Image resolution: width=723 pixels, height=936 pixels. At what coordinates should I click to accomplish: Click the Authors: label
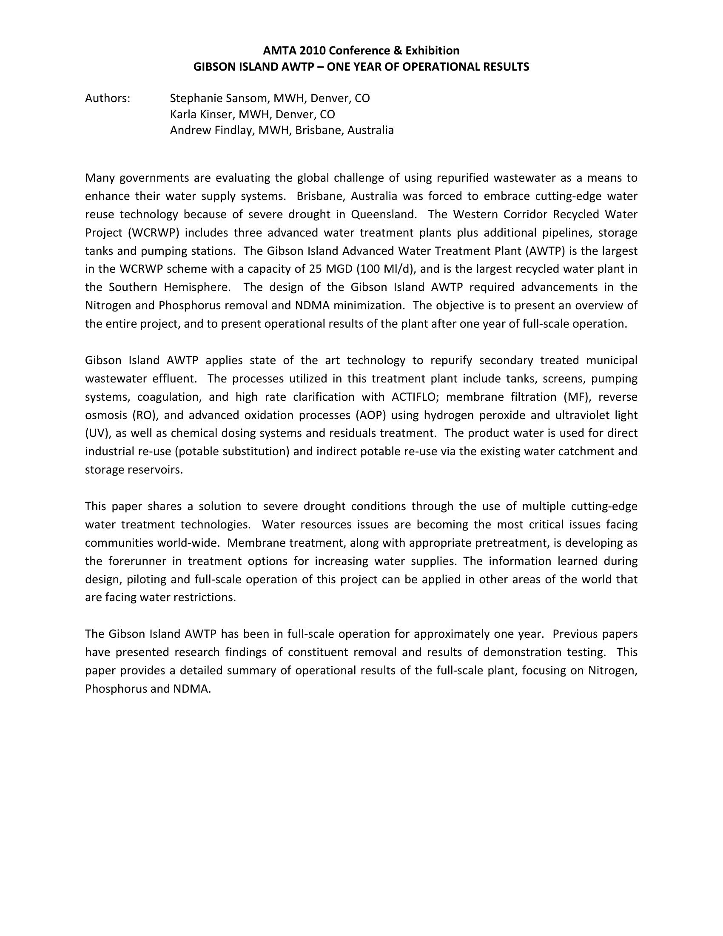tap(108, 99)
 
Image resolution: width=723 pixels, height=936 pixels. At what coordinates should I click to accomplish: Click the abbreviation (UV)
tap(98, 433)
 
